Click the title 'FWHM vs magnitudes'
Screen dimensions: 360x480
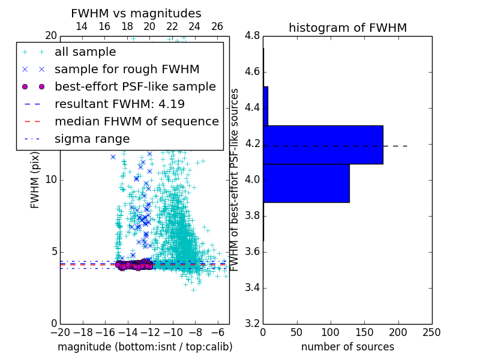[136, 13]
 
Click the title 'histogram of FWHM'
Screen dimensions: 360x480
[347, 28]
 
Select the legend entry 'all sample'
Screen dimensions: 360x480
[85, 52]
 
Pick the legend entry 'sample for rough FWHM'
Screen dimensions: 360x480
[127, 70]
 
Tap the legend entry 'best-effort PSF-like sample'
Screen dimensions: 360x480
[135, 87]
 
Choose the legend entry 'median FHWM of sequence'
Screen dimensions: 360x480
[136, 122]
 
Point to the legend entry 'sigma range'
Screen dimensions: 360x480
[92, 139]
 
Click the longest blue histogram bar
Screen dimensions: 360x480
[323, 145]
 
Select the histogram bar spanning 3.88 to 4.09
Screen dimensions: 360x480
[306, 183]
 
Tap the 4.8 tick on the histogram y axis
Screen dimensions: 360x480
[252, 36]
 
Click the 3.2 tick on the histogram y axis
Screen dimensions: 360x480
[252, 323]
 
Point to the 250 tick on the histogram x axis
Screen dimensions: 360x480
[431, 332]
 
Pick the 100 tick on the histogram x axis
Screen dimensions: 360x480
[331, 332]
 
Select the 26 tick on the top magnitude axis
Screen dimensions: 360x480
[217, 26]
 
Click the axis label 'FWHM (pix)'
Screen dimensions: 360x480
[35, 179]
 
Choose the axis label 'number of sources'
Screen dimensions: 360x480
[347, 347]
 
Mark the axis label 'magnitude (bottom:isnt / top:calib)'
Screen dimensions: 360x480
[145, 347]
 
